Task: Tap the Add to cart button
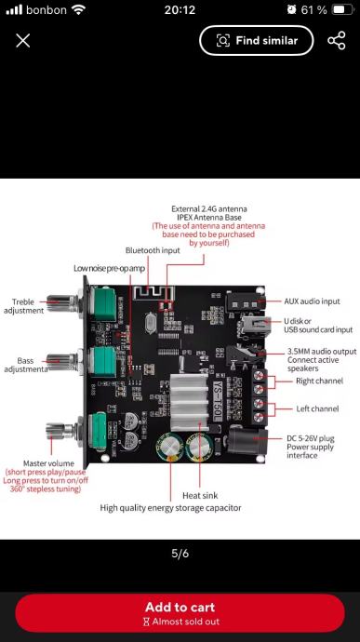[x=180, y=613]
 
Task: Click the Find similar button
[x=257, y=41]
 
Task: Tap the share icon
[x=337, y=41]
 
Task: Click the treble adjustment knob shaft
[x=61, y=303]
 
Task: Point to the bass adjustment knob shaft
[x=61, y=362]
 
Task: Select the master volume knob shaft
[x=60, y=431]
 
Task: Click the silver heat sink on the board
[x=189, y=401]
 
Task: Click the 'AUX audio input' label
[x=312, y=301]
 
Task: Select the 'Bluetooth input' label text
[x=153, y=250]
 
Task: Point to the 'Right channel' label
[x=319, y=381]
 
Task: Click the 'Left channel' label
[x=317, y=408]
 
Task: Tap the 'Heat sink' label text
[x=200, y=495]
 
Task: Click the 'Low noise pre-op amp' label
[x=110, y=268]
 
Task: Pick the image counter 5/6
[x=180, y=554]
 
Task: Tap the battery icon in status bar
[x=343, y=9]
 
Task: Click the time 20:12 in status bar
[x=180, y=10]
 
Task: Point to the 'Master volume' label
[x=48, y=463]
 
